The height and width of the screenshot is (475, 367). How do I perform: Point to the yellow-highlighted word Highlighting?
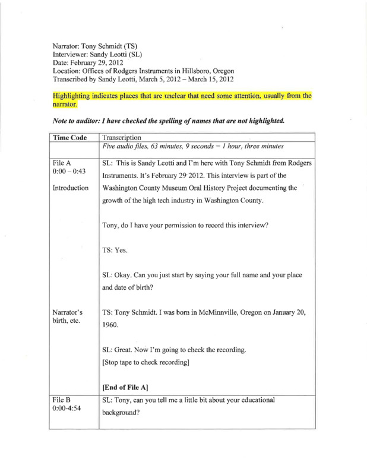[74, 95]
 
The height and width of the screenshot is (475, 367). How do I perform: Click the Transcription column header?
[126, 136]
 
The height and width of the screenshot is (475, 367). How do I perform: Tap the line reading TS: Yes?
[116, 250]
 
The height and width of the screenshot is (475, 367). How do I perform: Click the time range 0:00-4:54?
[65, 410]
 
